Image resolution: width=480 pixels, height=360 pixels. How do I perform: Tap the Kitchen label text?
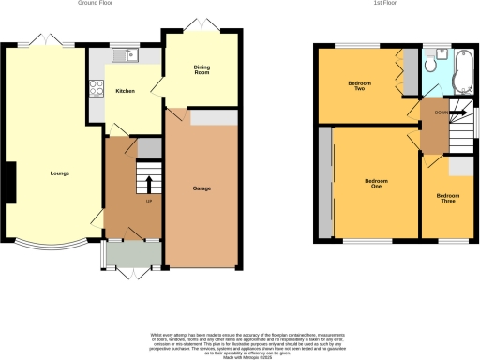coord(127,91)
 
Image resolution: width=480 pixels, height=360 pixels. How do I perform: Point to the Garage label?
coord(202,188)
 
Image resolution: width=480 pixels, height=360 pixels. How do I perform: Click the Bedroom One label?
coord(376,182)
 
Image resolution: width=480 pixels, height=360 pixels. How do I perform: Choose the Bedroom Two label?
coord(359,85)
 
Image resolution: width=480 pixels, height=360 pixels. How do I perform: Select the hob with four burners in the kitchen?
coord(96,90)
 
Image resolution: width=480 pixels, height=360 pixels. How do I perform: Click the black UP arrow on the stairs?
coord(147,182)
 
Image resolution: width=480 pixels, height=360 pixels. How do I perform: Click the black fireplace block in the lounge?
coord(9,180)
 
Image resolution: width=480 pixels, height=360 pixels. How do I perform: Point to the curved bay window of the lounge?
coord(52,249)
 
